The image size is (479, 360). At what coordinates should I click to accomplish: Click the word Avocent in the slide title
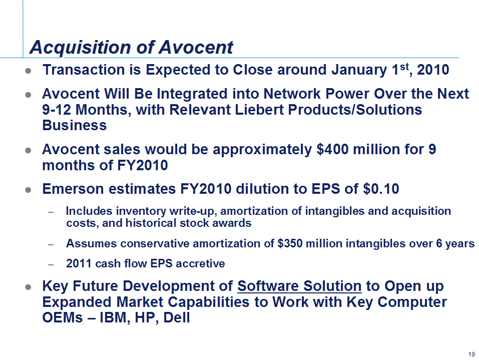tap(196, 48)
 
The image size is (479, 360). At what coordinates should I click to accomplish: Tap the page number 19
tap(471, 354)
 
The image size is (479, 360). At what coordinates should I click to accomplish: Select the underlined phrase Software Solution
tap(299, 286)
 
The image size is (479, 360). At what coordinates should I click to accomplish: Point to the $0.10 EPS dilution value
tap(381, 189)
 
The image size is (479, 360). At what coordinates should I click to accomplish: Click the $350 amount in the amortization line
tap(290, 243)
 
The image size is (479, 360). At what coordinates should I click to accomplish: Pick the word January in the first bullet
tap(359, 70)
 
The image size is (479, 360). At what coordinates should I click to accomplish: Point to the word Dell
tap(177, 317)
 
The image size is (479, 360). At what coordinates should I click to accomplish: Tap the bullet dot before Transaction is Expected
tap(28, 71)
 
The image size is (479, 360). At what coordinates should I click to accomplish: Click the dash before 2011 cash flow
tap(51, 264)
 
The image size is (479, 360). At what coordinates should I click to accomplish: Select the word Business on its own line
tap(74, 125)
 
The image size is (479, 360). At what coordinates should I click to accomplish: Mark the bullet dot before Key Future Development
tap(28, 287)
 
